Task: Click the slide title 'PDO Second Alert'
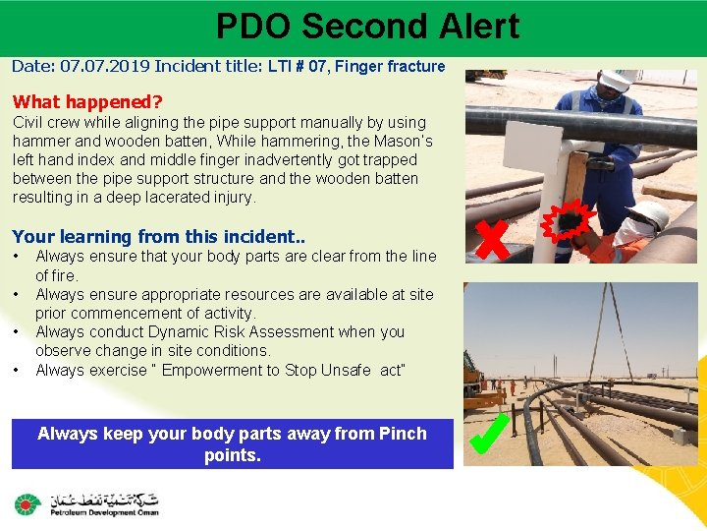point(367,27)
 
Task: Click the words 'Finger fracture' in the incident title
point(392,67)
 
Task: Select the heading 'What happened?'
point(87,101)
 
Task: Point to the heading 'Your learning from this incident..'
point(143,236)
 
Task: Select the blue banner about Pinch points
point(233,444)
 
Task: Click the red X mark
point(492,239)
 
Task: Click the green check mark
point(488,435)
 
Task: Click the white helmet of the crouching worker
point(647,215)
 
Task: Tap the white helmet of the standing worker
point(617,81)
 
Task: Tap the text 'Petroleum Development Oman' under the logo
point(99,512)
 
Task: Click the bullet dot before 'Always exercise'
point(18,370)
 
